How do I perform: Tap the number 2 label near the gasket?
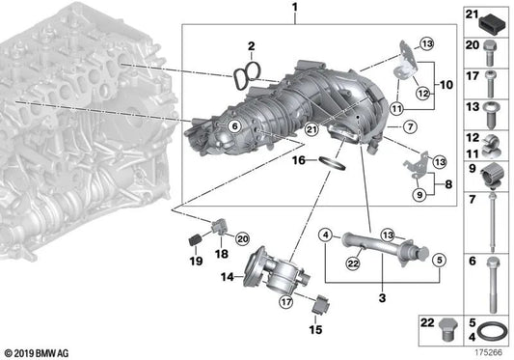[250, 45]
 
